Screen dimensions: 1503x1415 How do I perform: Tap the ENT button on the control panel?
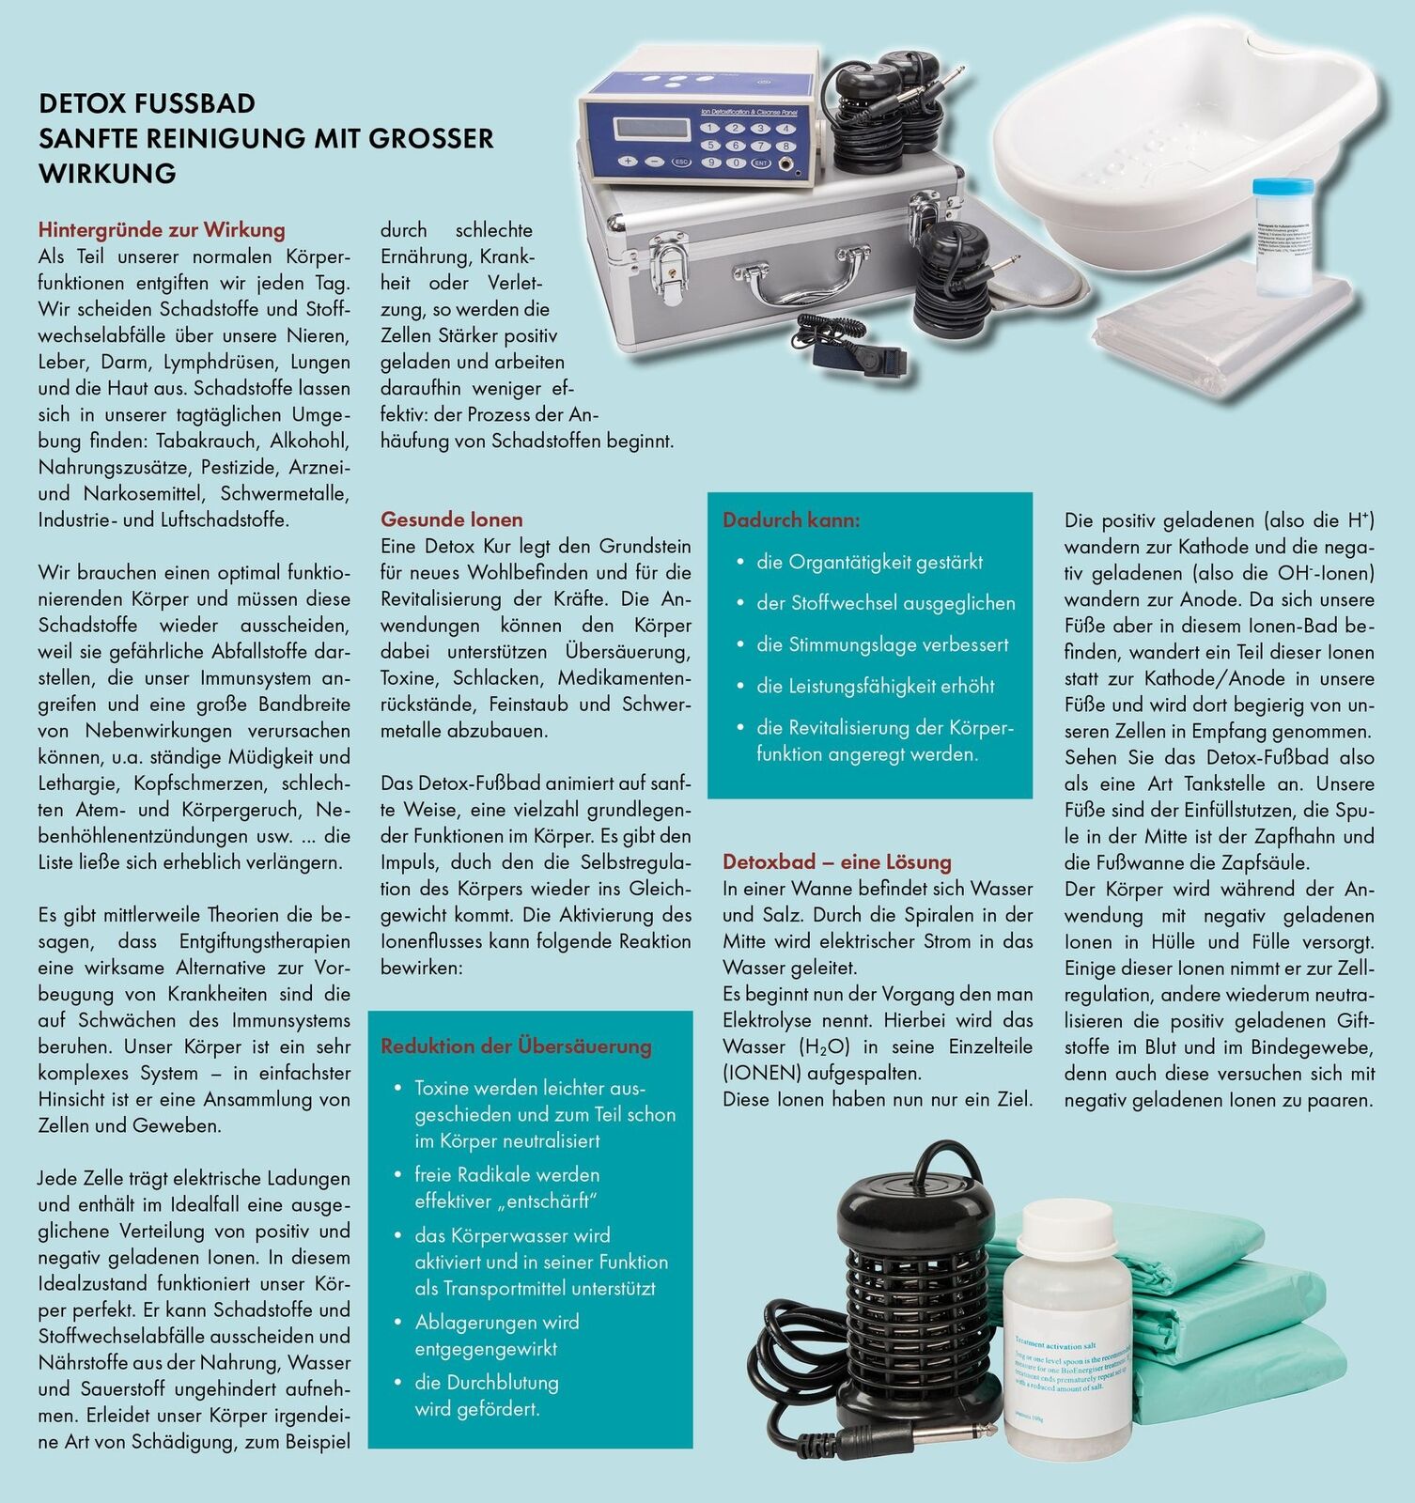tap(762, 163)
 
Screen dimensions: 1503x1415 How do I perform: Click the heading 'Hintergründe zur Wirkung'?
tap(162, 230)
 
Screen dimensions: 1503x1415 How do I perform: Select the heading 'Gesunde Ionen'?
tap(452, 519)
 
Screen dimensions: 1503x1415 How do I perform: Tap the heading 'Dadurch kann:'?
tap(791, 519)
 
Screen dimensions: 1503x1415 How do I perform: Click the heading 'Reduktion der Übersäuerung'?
tap(516, 1046)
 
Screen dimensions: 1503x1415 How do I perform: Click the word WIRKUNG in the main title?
tap(107, 174)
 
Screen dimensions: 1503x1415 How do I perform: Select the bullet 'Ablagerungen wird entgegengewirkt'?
tap(497, 1335)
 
